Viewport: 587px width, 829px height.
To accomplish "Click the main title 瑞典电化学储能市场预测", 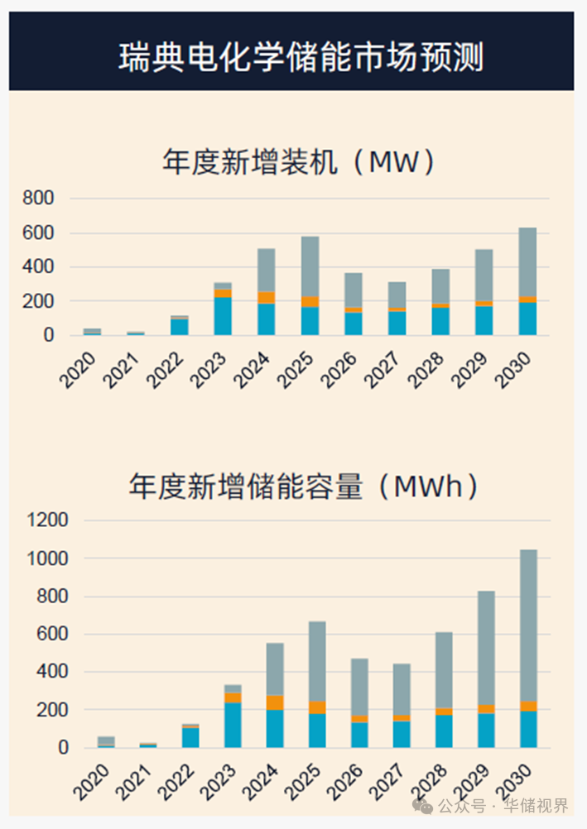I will pyautogui.click(x=301, y=58).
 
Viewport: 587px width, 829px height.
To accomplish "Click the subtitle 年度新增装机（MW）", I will pyautogui.click(x=298, y=162).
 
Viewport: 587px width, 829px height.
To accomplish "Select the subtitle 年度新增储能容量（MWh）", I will pyautogui.click(x=303, y=486).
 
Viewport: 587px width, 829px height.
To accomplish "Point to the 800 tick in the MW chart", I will pyautogui.click(x=39, y=199).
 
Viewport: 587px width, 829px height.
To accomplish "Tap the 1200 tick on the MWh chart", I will pyautogui.click(x=48, y=520).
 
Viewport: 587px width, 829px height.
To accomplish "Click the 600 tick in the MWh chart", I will pyautogui.click(x=52, y=635).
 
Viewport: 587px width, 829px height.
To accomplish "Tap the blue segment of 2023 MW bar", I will pyautogui.click(x=223, y=316).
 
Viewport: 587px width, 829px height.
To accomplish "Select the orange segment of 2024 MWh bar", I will pyautogui.click(x=275, y=702).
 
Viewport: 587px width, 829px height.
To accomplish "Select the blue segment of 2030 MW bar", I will pyautogui.click(x=528, y=319).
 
